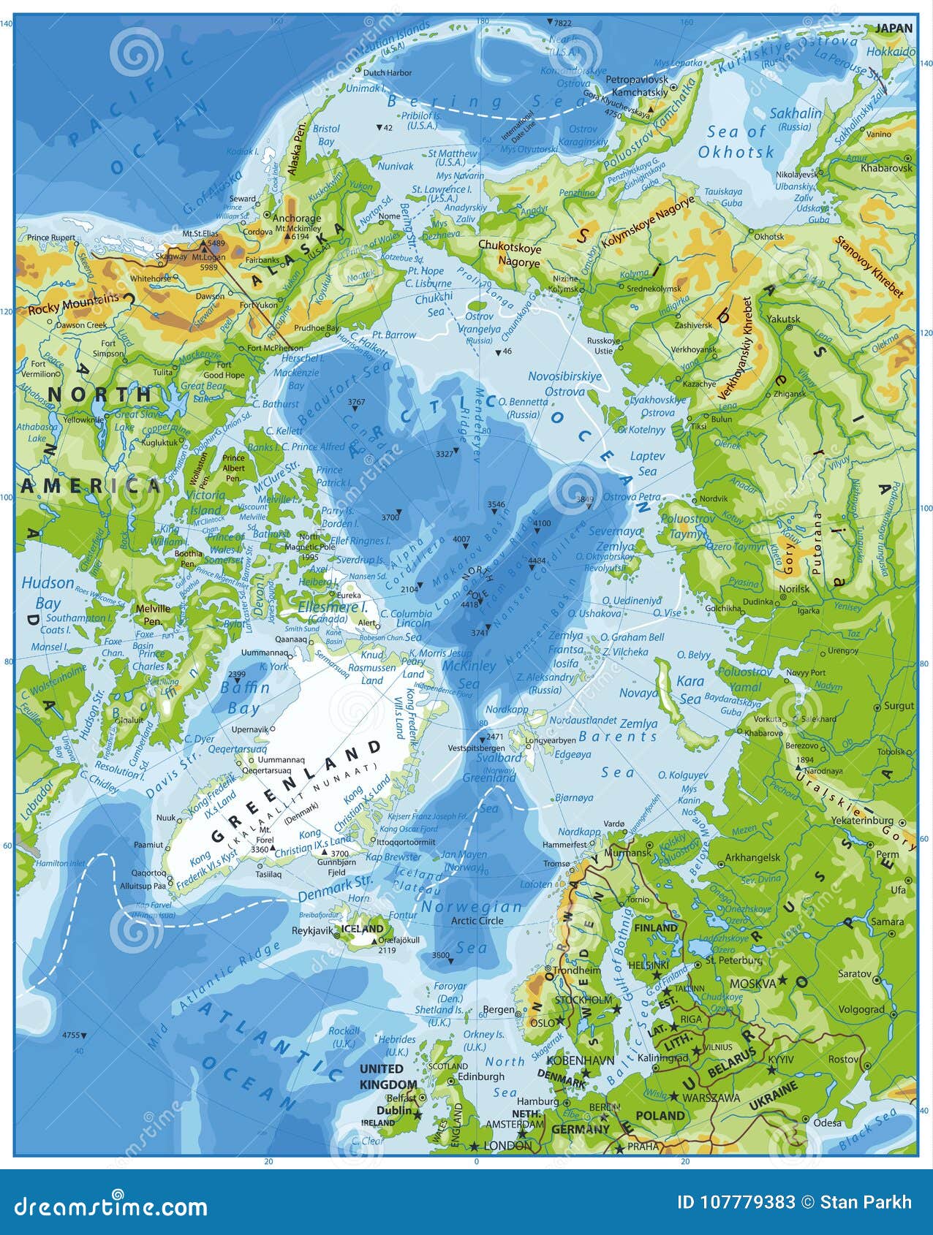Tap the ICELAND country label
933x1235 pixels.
363,929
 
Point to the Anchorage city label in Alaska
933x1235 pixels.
297,218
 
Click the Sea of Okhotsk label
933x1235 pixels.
736,142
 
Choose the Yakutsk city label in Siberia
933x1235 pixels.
783,319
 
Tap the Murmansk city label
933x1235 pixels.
629,852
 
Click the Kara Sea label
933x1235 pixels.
690,689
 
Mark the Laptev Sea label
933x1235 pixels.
648,463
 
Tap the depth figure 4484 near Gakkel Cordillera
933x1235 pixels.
537,560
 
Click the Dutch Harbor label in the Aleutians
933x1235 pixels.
388,72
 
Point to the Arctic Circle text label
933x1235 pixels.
477,921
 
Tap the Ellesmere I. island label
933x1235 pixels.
333,607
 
